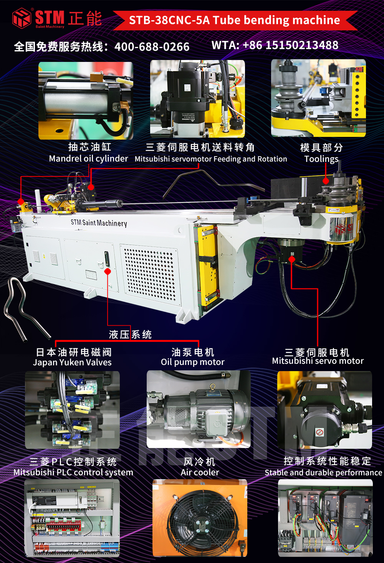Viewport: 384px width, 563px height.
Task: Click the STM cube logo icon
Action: tap(22, 18)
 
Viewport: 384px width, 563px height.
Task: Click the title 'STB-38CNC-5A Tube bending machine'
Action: tap(234, 20)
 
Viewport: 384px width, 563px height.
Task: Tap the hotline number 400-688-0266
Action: tap(152, 47)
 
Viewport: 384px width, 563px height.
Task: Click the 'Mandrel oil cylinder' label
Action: tap(88, 158)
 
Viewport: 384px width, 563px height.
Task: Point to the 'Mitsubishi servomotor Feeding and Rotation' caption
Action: tap(211, 159)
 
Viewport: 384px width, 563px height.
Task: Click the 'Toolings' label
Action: tap(321, 159)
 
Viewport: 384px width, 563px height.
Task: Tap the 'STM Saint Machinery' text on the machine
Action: tap(99, 223)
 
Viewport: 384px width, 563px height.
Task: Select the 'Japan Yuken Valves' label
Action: tap(72, 362)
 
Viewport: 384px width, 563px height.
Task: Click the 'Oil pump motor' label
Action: tap(192, 362)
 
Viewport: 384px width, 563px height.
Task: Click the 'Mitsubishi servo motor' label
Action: tap(318, 361)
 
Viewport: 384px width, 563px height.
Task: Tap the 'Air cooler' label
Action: tap(200, 472)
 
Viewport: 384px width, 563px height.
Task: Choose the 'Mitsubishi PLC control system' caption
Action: tap(73, 472)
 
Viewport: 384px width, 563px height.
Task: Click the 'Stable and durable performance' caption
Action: tap(323, 473)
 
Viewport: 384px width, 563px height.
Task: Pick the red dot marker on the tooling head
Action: tap(326, 181)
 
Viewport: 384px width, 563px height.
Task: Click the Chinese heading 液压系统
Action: tap(130, 335)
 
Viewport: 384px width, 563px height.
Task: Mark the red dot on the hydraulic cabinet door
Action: tap(108, 272)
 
